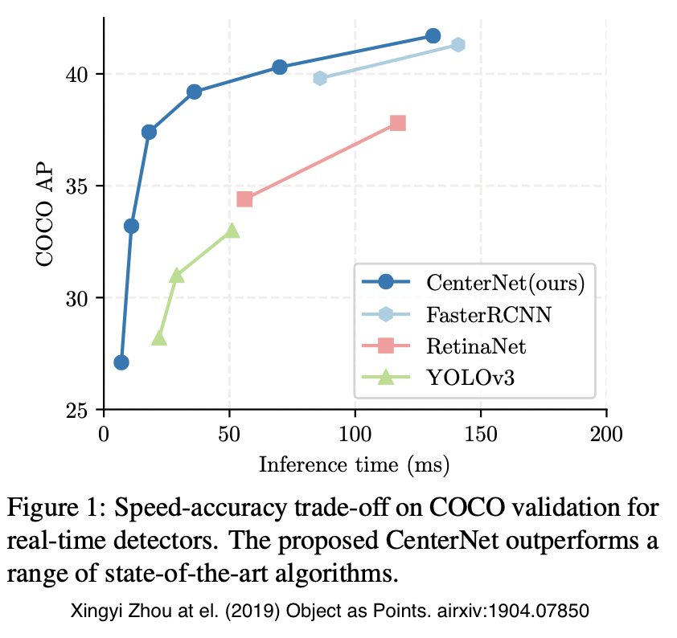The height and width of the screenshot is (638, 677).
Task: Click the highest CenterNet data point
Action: tap(433, 35)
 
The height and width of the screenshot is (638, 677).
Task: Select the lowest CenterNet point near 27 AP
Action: tap(121, 362)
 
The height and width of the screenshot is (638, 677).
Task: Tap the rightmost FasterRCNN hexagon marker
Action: tap(457, 44)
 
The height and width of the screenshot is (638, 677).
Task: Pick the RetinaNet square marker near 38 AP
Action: tap(397, 123)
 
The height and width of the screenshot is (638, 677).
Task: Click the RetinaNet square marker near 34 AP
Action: tap(244, 198)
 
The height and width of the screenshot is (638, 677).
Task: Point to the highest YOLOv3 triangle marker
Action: tap(232, 231)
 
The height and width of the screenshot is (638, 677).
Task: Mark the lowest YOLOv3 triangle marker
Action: tap(159, 338)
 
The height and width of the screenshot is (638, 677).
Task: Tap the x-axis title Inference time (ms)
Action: tap(354, 464)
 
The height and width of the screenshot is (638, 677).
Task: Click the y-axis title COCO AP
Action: tap(46, 217)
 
